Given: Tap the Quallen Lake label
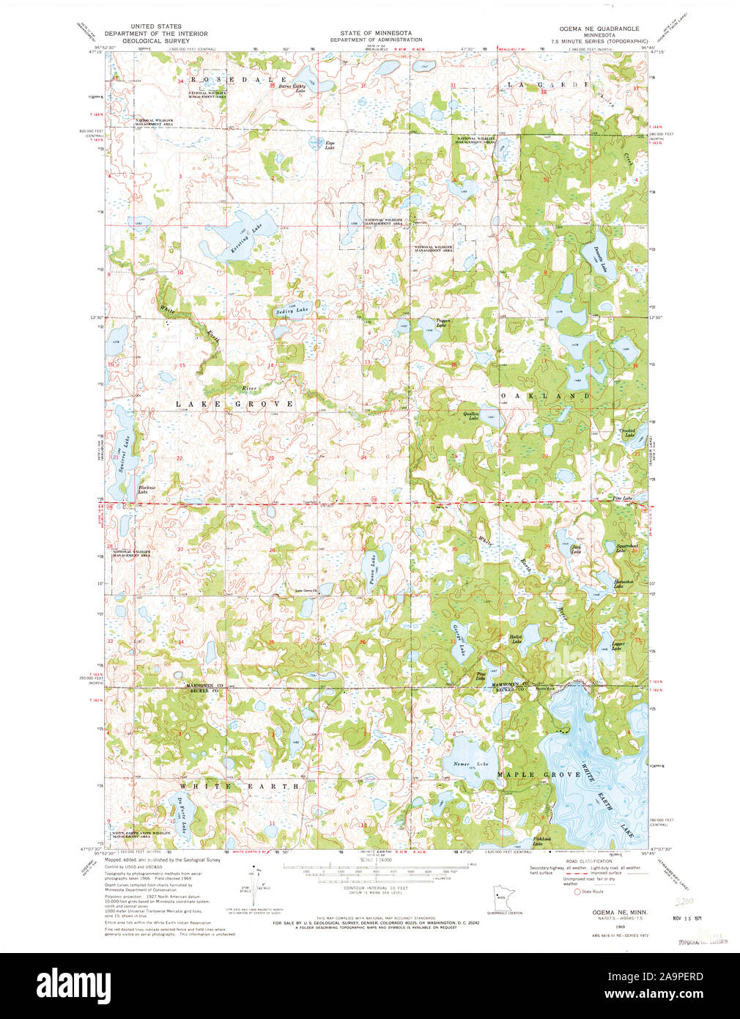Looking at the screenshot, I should click(x=470, y=416).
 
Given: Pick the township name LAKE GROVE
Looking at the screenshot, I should click(x=234, y=404).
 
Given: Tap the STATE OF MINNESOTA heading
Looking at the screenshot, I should click(x=375, y=34).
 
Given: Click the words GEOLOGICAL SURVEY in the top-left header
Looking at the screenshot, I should click(x=155, y=41).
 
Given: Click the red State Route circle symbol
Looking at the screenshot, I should click(x=577, y=891).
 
